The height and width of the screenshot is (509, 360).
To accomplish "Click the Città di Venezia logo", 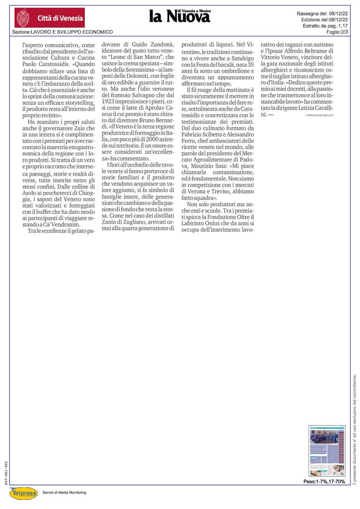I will coord(50,18).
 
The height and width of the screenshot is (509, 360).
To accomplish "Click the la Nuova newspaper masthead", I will coord(180,16).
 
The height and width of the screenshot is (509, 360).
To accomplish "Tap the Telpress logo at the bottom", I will coord(23,493).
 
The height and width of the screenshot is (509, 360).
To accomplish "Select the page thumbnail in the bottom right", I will coord(326,451).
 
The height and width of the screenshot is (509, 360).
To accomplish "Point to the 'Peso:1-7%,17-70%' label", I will coord(324,481).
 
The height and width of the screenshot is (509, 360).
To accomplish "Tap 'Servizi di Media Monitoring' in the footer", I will coord(64,492).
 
